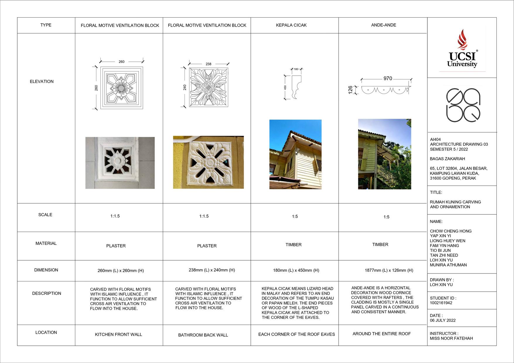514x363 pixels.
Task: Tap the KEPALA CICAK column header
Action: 291,25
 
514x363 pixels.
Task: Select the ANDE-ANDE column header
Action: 383,25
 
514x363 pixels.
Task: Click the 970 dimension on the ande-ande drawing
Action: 387,78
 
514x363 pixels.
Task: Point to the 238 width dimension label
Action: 208,64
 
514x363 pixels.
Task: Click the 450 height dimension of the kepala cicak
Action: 285,87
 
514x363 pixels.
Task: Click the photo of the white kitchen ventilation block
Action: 120,163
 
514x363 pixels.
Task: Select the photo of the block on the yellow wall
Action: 208,162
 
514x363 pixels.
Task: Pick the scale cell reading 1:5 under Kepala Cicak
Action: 295,216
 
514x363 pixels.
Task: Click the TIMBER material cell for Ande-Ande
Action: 380,245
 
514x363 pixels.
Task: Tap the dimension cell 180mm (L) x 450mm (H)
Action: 296,270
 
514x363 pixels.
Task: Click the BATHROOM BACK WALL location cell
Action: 203,335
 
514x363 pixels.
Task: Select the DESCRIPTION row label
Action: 47,293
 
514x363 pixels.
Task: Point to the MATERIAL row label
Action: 46,243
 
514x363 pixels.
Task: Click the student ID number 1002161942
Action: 441,303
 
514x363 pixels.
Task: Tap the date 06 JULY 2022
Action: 443,320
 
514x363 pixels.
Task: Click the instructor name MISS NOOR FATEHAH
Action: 451,338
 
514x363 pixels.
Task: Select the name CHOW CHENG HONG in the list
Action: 450,231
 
